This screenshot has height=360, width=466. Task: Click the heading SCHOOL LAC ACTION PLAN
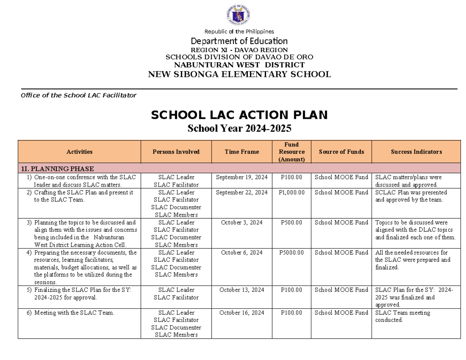239,115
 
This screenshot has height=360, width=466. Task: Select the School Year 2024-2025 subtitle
239,129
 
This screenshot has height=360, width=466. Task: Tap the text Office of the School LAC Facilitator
78,95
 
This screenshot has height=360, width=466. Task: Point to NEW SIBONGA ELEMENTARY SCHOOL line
239,75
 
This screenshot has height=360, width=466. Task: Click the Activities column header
79,152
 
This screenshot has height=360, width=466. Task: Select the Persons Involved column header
176,152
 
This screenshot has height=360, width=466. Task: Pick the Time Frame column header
242,152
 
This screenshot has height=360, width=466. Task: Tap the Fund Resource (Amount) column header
292,152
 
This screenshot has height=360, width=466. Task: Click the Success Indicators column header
416,152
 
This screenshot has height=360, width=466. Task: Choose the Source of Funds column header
341,152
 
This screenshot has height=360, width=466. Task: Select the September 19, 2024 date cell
242,177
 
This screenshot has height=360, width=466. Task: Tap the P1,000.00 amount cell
292,193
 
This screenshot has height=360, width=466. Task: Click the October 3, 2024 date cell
242,223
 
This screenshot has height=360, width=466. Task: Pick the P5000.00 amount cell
292,253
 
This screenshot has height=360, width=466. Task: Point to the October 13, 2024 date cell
242,290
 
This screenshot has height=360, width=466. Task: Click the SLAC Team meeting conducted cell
403,317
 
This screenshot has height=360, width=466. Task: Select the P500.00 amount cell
292,223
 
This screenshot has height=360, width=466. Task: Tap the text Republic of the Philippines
239,31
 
